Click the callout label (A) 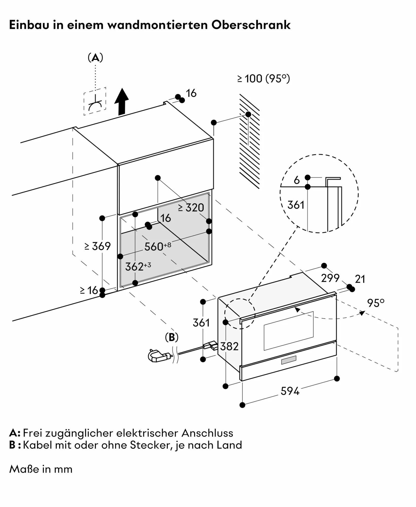point(95,58)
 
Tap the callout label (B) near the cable point(172,337)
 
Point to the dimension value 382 point(229,346)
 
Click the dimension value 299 point(330,278)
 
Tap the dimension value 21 point(360,279)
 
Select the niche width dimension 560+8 point(157,246)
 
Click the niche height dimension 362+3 point(138,266)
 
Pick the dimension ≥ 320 point(191,208)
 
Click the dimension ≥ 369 point(98,246)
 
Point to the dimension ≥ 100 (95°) point(263,79)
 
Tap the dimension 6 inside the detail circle point(297,180)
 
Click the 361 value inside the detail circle point(296,205)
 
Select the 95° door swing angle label point(376,303)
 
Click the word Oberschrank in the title point(251,25)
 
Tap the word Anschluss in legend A point(207,433)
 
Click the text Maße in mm point(41,469)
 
